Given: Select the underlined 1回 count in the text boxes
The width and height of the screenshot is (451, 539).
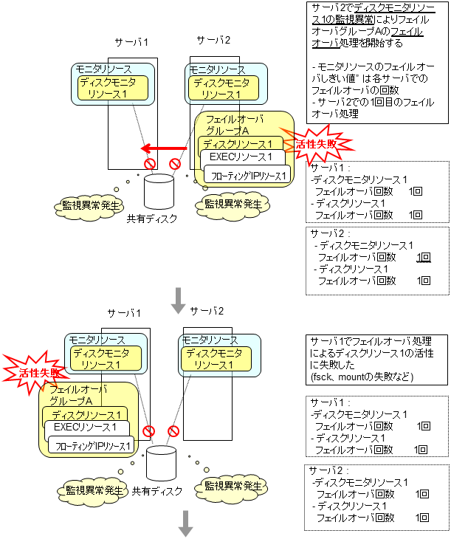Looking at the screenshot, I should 423,257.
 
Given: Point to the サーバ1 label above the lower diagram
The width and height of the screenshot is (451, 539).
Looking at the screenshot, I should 123,313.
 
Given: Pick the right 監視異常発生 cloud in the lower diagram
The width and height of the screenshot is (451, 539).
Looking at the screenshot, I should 229,487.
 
